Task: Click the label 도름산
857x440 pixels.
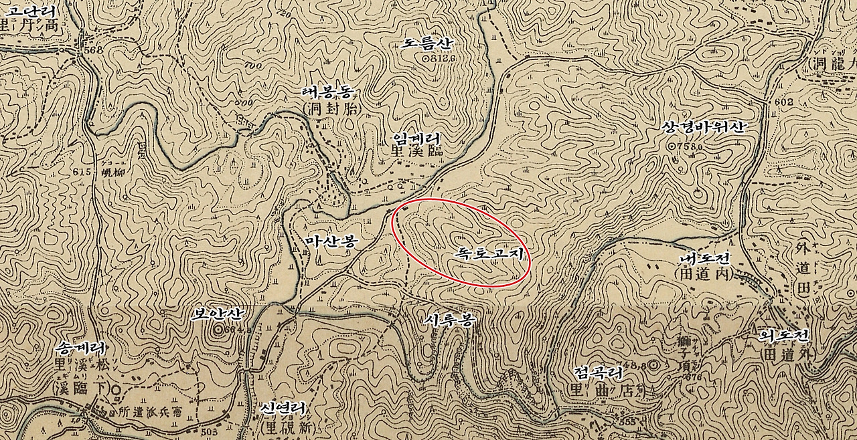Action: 427,44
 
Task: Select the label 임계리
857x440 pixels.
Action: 416,139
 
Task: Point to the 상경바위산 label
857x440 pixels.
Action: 702,128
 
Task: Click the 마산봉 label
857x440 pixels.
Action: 328,241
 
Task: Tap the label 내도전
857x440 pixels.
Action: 703,259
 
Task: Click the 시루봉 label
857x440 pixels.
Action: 449,320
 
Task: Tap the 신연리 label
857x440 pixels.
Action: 284,407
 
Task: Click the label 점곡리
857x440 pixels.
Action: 599,372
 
